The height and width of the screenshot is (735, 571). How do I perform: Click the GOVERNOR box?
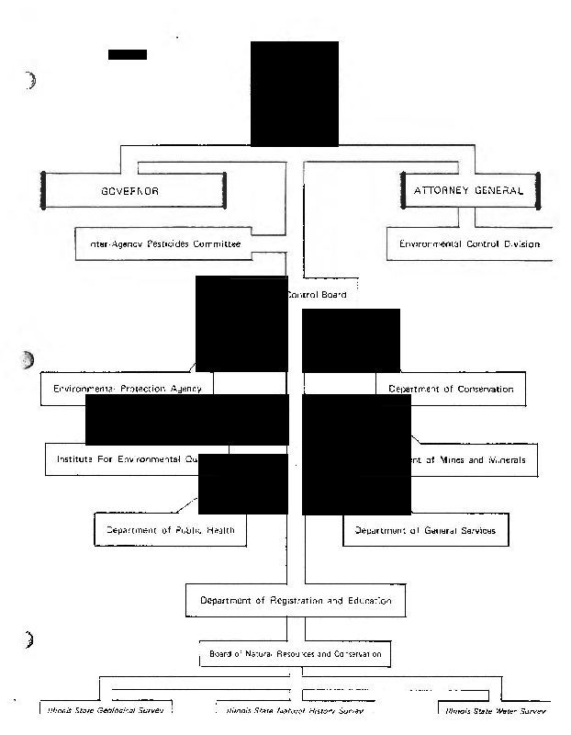[134, 191]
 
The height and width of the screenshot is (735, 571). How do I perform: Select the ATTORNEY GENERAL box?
[469, 191]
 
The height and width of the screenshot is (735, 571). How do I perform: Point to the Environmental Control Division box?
[469, 244]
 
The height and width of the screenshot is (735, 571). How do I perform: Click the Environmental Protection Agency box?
[128, 389]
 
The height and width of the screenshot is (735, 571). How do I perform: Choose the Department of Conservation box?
[451, 389]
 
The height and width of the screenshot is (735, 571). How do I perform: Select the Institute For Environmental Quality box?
[137, 458]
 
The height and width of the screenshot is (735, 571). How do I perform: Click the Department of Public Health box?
[171, 530]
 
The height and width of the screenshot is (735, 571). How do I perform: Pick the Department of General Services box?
[425, 530]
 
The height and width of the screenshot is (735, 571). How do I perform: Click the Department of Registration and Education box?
[296, 601]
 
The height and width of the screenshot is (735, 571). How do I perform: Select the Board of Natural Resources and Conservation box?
[295, 654]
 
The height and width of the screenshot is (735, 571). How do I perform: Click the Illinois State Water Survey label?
[495, 711]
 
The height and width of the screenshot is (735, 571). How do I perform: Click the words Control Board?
[318, 295]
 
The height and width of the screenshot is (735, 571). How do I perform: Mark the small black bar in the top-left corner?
[127, 54]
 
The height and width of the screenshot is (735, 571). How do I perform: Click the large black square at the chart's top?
[294, 94]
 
